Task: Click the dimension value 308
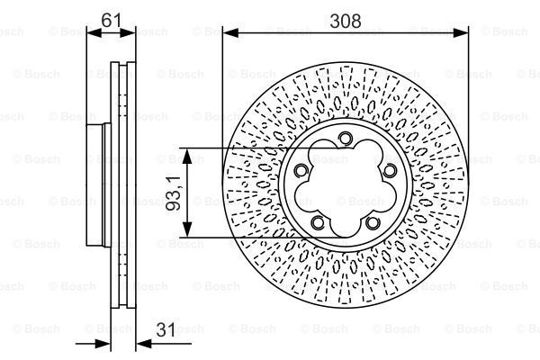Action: pos(346,21)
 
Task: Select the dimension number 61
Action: pos(112,21)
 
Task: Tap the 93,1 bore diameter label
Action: pos(174,193)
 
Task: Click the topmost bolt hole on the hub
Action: pos(345,138)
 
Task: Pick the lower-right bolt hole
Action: pos(372,221)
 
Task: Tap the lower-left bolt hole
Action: pos(318,221)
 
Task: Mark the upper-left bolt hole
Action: pos(301,170)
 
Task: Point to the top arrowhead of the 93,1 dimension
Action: pos(187,154)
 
